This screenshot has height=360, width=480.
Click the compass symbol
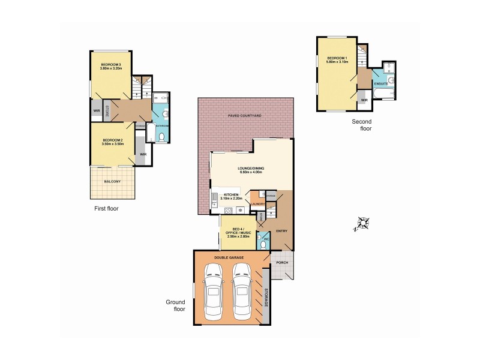(x=362, y=224)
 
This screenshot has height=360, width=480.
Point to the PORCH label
(x=282, y=263)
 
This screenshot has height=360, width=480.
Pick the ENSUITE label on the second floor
(x=381, y=84)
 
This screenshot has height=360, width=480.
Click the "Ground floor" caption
(x=176, y=305)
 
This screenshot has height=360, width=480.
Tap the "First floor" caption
(x=106, y=209)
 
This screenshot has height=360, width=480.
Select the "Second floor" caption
(x=362, y=125)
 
